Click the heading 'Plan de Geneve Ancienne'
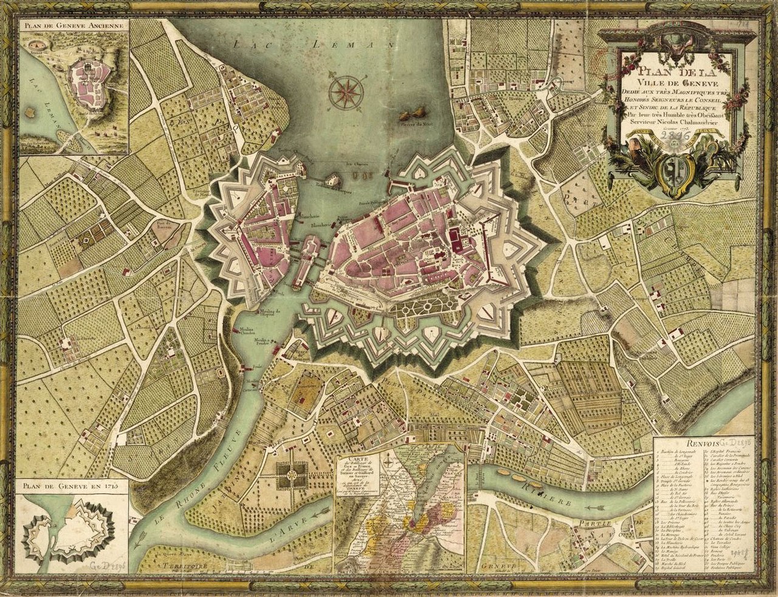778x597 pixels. (x=74, y=26)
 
